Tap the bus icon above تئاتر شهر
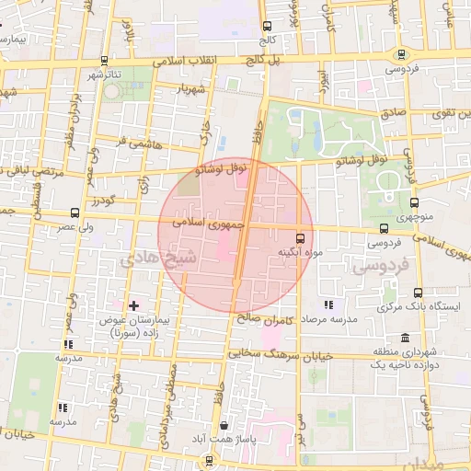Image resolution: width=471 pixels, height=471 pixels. pyautogui.click(x=102, y=61)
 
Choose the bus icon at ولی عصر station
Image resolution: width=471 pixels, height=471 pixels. pyautogui.click(x=75, y=213)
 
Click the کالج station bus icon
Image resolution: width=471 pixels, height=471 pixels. pyautogui.click(x=267, y=27)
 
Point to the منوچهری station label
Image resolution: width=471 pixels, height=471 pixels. pyautogui.click(x=413, y=219)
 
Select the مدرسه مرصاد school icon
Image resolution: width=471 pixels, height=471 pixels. pyautogui.click(x=327, y=305)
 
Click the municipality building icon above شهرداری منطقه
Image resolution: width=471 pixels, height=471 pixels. pyautogui.click(x=380, y=338)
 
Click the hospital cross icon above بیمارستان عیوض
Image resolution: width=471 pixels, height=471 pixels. pyautogui.click(x=133, y=304)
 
